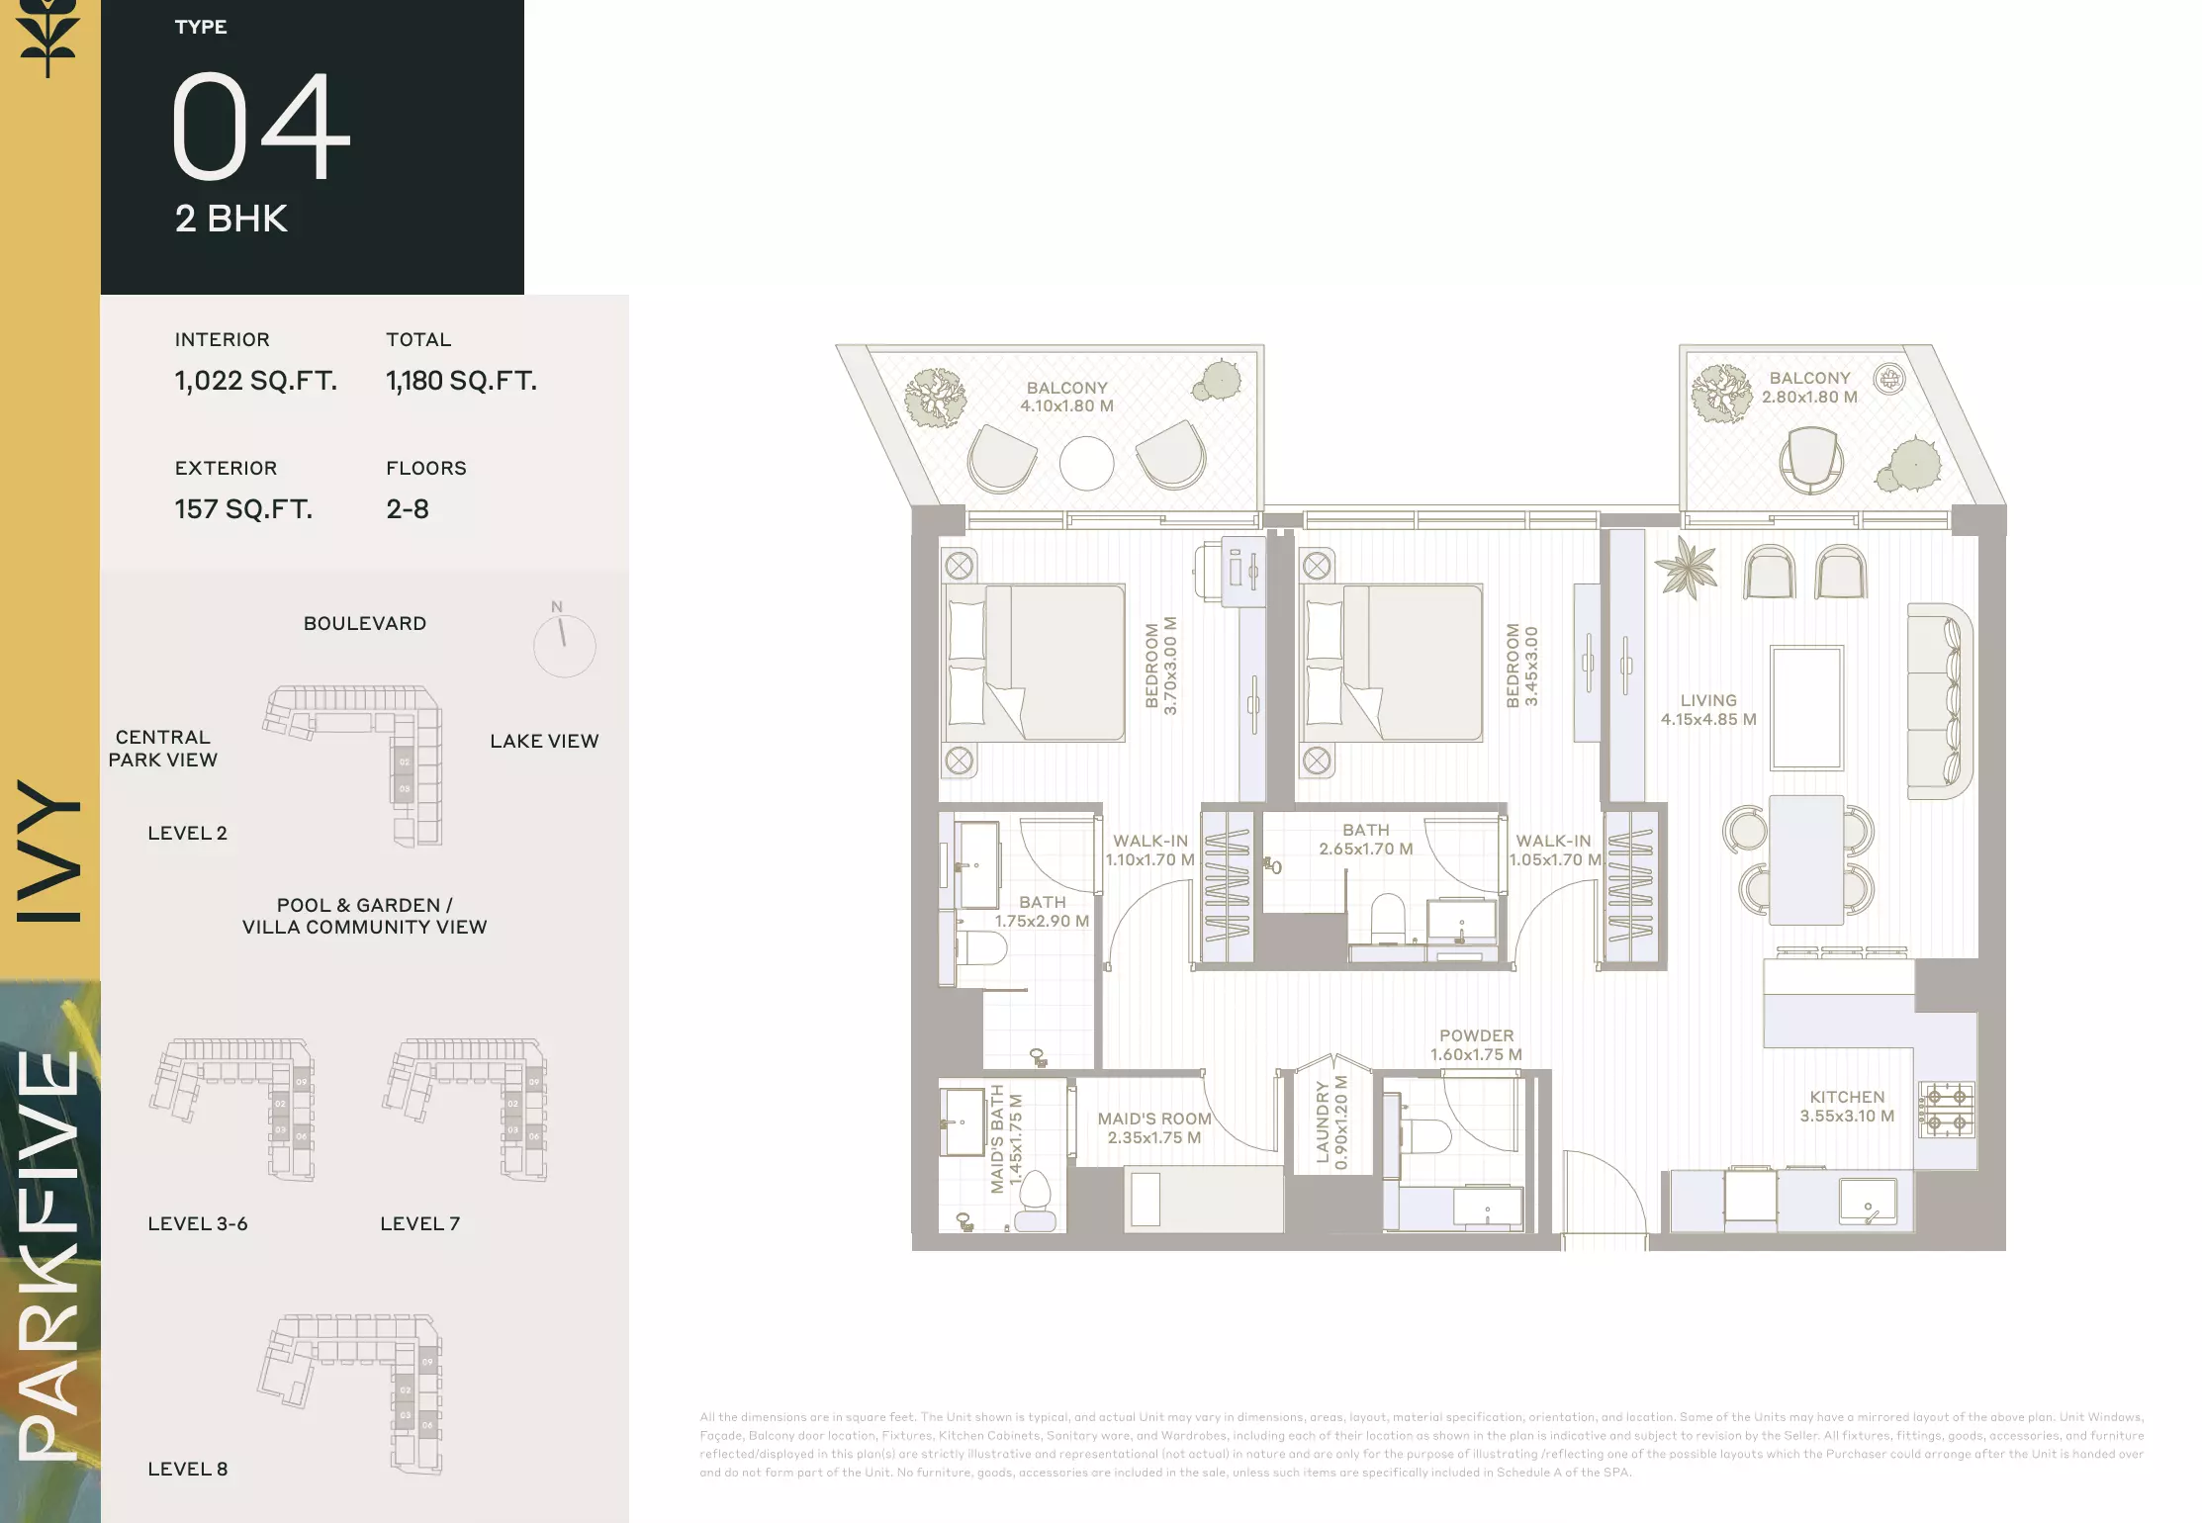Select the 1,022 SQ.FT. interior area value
(x=256, y=381)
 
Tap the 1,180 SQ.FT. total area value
(x=461, y=381)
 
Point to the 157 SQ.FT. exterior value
(x=243, y=509)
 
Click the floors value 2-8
(x=408, y=509)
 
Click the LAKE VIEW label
(x=544, y=741)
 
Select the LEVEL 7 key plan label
(x=420, y=1223)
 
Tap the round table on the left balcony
(x=1086, y=464)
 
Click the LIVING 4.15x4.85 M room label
(x=1708, y=710)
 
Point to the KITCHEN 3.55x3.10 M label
(x=1847, y=1107)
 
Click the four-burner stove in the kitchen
(x=1947, y=1110)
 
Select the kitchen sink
(x=1868, y=1201)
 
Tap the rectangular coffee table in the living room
(x=1806, y=708)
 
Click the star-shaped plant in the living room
(x=1687, y=568)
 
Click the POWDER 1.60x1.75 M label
(x=1476, y=1045)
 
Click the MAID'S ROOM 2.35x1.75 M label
(x=1154, y=1128)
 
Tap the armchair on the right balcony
(x=1810, y=460)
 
